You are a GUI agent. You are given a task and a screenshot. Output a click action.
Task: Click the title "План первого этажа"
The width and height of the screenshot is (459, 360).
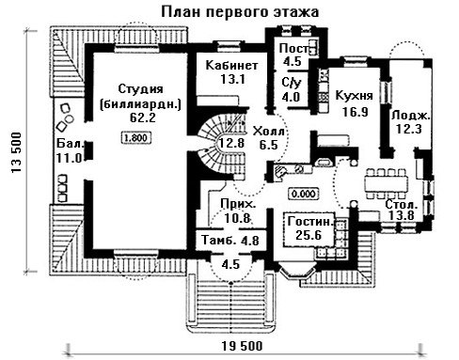coord(240,12)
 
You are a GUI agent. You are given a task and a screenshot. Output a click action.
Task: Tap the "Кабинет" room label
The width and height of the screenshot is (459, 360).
coord(231,65)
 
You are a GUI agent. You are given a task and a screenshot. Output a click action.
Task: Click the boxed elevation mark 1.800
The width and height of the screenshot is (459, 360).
coord(135,137)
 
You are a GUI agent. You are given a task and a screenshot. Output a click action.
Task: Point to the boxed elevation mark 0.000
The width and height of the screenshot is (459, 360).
coord(304,194)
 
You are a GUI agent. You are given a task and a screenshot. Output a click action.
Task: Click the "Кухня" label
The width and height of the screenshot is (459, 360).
coord(355,96)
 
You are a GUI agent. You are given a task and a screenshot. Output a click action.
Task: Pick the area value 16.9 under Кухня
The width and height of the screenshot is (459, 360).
coord(355,112)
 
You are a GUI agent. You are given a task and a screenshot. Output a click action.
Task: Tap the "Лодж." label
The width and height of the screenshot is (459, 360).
coord(410,116)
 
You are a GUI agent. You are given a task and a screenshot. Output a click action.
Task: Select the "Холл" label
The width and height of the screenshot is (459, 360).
coord(269,131)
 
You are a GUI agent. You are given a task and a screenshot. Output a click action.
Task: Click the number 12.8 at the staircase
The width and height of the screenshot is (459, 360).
coord(231,143)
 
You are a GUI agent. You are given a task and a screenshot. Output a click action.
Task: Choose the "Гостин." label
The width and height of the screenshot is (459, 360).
coord(309,222)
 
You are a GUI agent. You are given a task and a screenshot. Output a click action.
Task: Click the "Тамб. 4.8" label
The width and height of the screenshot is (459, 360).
coord(230,241)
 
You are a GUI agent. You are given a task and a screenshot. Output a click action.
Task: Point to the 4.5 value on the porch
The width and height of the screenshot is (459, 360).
coord(230,264)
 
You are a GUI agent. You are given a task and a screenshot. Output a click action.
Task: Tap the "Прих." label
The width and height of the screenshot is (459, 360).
coord(238,204)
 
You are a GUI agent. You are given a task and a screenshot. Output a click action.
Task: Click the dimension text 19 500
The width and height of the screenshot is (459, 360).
coord(242,346)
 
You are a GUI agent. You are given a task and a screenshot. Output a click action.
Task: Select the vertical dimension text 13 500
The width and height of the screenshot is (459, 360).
coord(16,152)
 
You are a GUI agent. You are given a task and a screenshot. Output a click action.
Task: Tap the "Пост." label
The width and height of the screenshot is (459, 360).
coord(294,49)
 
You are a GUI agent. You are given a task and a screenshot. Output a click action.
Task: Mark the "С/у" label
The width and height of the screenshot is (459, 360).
coord(292,83)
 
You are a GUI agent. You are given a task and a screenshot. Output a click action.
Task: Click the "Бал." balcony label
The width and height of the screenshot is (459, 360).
coord(71,144)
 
